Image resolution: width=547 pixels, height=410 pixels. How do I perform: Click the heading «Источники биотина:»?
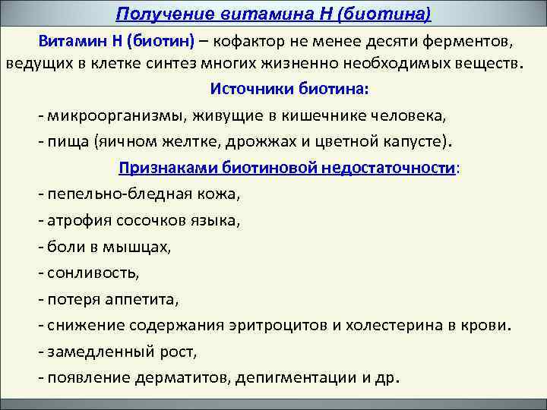[x=289, y=89]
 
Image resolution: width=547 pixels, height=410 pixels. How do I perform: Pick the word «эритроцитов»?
[x=278, y=326]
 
